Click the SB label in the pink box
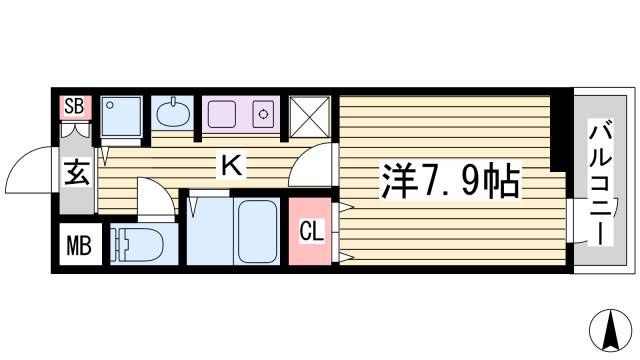(x=73, y=106)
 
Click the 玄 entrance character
(x=78, y=173)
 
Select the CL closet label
(x=312, y=232)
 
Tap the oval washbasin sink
(x=172, y=112)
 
